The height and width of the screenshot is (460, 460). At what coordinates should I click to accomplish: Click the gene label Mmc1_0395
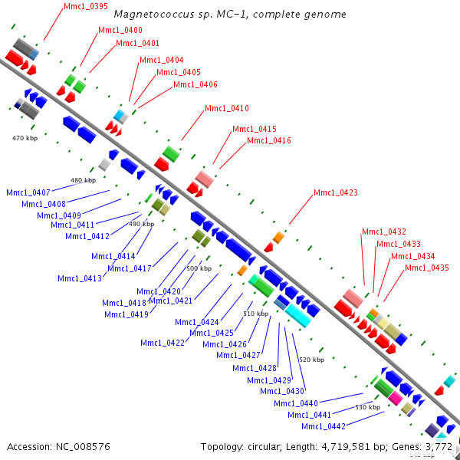click(x=86, y=6)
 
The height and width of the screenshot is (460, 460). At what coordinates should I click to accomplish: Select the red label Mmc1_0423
click(x=335, y=192)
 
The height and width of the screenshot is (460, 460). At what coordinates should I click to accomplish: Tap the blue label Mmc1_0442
click(x=323, y=426)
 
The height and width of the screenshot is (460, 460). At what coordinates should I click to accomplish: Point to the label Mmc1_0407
click(x=28, y=192)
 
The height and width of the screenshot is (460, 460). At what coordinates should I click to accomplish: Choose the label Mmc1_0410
click(x=226, y=108)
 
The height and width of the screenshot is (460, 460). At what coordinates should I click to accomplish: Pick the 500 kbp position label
click(x=199, y=268)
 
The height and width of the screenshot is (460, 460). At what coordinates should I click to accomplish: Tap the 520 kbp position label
click(x=311, y=359)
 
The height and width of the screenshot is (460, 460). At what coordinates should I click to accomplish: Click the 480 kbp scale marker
click(x=83, y=180)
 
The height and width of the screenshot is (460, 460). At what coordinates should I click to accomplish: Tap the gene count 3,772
click(x=440, y=446)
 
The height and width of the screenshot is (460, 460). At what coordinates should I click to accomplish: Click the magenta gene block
click(x=396, y=398)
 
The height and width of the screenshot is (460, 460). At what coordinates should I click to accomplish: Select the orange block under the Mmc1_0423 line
click(x=278, y=238)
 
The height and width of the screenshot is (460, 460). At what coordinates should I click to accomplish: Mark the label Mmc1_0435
click(x=426, y=268)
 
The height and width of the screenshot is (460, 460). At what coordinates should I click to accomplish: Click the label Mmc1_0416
click(x=268, y=141)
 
